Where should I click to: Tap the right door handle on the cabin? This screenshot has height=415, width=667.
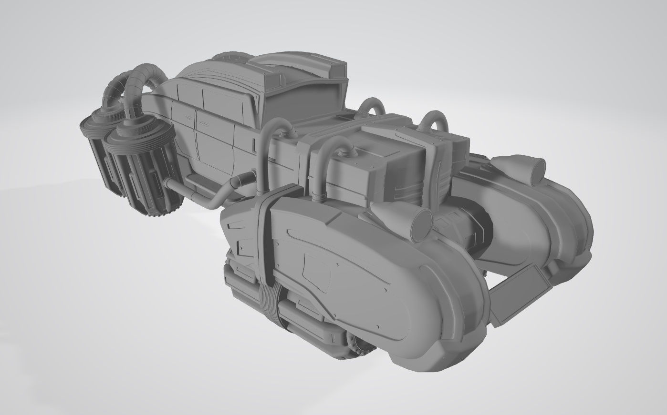tap(205, 123)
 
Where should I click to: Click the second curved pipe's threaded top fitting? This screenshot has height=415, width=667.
tap(345, 152)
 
